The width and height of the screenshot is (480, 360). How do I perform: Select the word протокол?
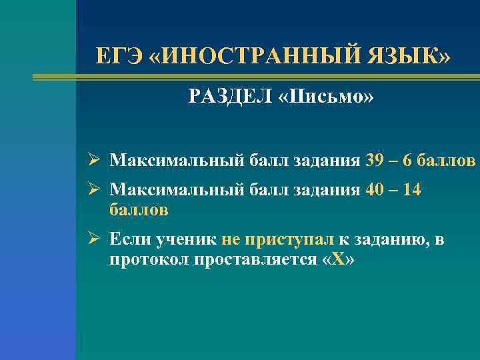pyautogui.click(x=149, y=259)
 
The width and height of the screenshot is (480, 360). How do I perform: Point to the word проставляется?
pyautogui.click(x=253, y=259)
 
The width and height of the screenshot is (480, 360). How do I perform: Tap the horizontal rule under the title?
pyautogui.click(x=256, y=77)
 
